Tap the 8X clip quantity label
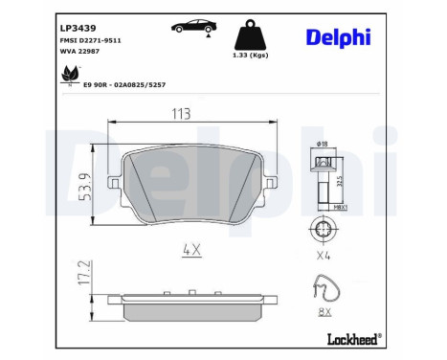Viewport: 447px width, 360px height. [x=325, y=311]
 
